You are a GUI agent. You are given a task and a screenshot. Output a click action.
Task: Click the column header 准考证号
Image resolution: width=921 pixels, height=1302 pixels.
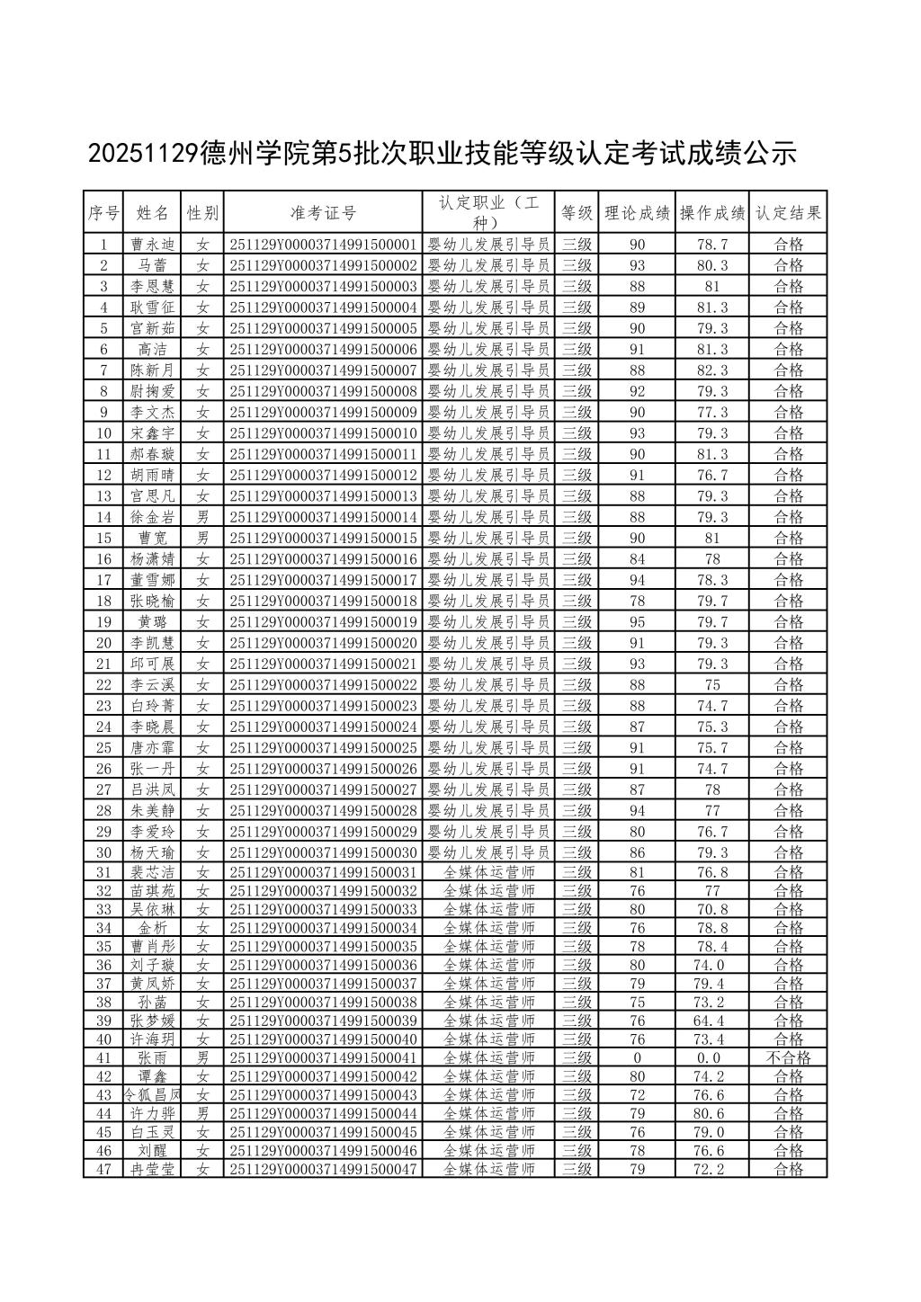pos(323,213)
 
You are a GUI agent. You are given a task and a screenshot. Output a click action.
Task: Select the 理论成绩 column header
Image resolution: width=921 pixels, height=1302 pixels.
pos(637,213)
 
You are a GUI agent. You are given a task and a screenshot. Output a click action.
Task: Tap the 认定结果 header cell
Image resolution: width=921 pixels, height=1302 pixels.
pos(788,213)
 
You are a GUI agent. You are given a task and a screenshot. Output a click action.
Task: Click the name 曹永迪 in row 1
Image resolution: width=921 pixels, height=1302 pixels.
pos(152,245)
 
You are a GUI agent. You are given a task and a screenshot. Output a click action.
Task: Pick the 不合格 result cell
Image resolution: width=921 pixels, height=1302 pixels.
pos(788,1057)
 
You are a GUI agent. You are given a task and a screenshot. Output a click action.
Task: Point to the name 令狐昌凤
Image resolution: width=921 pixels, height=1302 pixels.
pos(152,1095)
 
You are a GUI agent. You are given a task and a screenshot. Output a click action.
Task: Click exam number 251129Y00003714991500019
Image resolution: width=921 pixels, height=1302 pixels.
pos(323,622)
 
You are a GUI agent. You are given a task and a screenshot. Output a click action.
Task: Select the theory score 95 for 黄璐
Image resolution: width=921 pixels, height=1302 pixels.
pos(637,622)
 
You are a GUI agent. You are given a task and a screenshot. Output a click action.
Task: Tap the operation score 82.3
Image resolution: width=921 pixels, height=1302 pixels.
pos(712,370)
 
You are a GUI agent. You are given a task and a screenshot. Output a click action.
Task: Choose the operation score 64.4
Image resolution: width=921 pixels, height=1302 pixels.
pos(712,1021)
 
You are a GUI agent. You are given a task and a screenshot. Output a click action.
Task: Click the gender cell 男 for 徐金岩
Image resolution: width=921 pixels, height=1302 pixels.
pos(202,517)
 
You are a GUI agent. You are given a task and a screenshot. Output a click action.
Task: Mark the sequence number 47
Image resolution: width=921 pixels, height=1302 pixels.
pos(103,1169)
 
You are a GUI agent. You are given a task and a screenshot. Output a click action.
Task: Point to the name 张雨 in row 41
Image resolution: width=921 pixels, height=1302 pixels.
pos(152,1057)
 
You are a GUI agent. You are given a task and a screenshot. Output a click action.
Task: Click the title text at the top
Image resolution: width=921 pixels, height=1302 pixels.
pos(443,154)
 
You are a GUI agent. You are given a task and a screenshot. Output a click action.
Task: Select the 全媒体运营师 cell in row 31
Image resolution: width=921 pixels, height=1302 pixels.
pos(489,872)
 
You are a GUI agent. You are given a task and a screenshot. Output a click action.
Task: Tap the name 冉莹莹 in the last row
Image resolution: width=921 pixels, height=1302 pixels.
pos(152,1169)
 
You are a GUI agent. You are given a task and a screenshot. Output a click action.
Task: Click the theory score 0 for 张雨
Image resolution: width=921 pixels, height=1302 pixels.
pos(637,1057)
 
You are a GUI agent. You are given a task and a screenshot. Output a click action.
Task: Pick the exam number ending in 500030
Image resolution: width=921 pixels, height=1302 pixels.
pos(323,852)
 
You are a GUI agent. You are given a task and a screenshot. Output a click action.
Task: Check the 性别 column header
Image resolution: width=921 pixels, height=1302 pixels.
pos(202,213)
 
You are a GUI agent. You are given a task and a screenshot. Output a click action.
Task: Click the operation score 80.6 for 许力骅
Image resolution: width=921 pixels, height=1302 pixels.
pos(712,1113)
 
